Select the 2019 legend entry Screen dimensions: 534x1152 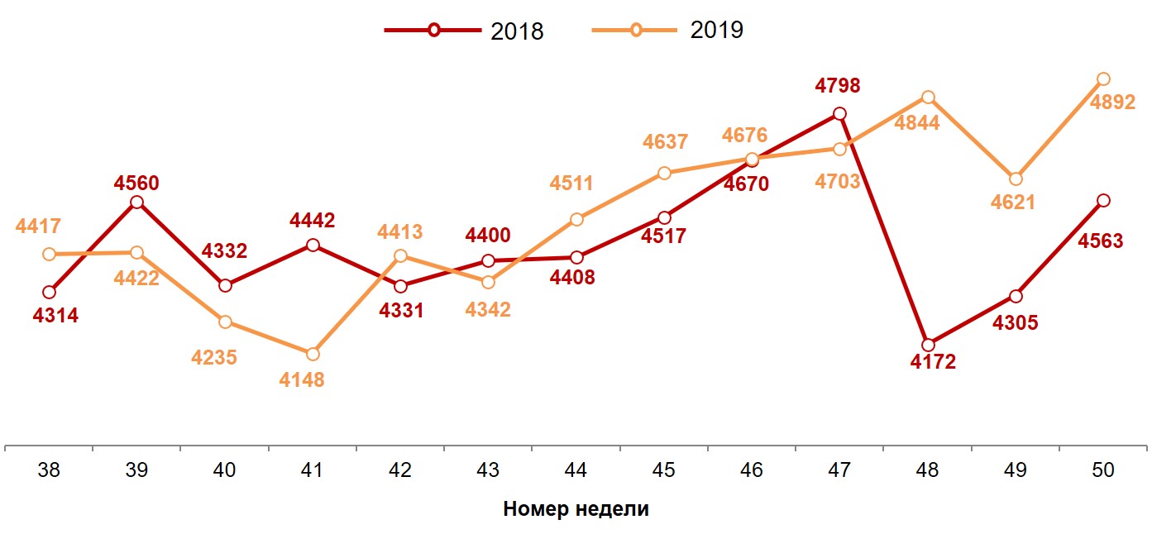pos(667,31)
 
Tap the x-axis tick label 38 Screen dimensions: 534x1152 pos(49,470)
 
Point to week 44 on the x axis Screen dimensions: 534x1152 pos(576,470)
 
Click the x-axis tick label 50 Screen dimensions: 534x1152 pos(1102,470)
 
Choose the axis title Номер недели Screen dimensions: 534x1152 pos(576,509)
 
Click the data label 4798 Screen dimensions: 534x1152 pos(837,86)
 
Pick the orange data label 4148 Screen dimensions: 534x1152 pos(301,380)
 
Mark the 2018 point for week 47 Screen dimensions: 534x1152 pos(839,114)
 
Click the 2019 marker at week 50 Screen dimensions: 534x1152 pos(1102,79)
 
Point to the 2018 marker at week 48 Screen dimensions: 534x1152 pos(928,345)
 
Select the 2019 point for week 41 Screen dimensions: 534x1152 pos(313,354)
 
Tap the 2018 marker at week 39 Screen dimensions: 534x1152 pos(137,202)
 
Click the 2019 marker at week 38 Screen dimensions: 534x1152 pos(49,254)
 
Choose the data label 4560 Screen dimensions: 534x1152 pos(136,184)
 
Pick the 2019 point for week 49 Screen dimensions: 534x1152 pos(1016,179)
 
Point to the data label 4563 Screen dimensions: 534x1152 pos(1100,241)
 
